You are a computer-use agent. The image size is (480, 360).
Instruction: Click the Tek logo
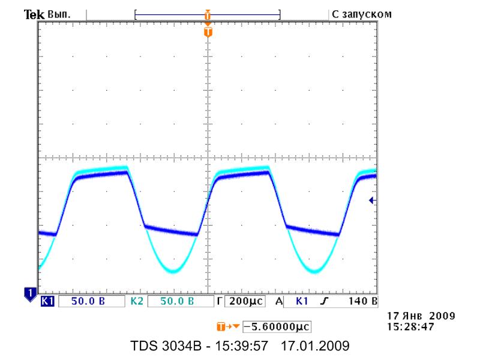[x=34, y=14]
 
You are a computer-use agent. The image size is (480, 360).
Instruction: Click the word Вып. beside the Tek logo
[x=59, y=14]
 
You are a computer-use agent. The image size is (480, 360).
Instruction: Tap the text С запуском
[x=362, y=14]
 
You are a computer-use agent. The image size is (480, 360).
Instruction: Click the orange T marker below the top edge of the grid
[x=208, y=32]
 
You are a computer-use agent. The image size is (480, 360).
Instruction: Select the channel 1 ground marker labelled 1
[x=30, y=294]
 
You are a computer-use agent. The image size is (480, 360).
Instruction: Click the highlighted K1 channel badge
[x=47, y=301]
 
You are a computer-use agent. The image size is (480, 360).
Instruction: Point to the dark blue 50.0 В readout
[x=88, y=301]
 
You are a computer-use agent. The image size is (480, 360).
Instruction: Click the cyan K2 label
[x=137, y=301]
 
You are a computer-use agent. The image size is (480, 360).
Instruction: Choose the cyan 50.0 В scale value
[x=177, y=301]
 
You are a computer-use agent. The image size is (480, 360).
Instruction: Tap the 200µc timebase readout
[x=246, y=301]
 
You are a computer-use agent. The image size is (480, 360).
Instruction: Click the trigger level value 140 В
[x=363, y=301]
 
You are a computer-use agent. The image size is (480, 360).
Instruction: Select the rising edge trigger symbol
[x=324, y=301]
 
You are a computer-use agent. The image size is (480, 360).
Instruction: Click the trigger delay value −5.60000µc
[x=277, y=326]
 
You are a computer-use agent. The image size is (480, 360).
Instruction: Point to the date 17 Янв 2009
[x=421, y=316]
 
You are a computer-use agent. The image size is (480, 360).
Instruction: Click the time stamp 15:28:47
[x=410, y=326]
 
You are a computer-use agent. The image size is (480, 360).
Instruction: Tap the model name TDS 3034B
[x=166, y=346]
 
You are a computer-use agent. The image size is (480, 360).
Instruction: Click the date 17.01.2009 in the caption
[x=315, y=346]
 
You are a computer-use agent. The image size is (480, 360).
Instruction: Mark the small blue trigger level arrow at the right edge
[x=372, y=200]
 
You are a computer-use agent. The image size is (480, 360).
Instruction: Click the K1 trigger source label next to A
[x=302, y=301]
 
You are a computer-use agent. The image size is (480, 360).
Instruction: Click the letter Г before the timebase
[x=219, y=301]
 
